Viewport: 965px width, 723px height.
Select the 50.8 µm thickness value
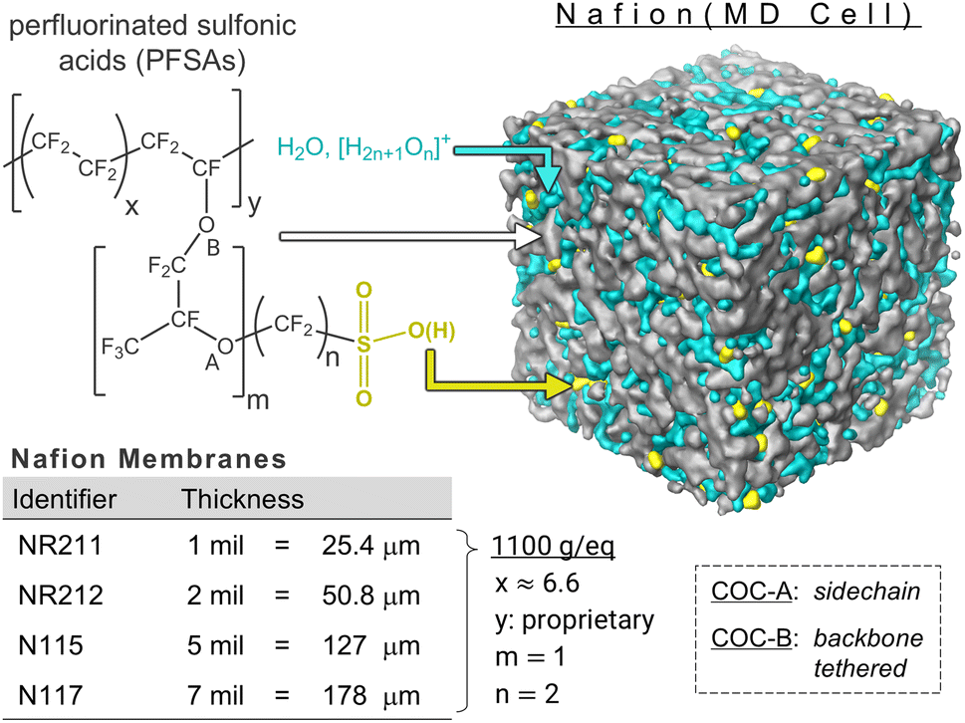point(370,597)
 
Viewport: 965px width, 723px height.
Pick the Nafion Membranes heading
point(149,460)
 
